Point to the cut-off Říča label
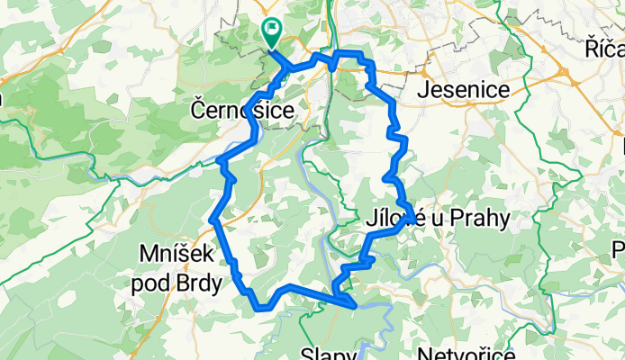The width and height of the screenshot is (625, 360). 603,48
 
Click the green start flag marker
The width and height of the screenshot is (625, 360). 271,32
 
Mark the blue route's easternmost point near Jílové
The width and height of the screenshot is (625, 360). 412,215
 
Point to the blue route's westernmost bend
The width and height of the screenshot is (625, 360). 212,220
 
